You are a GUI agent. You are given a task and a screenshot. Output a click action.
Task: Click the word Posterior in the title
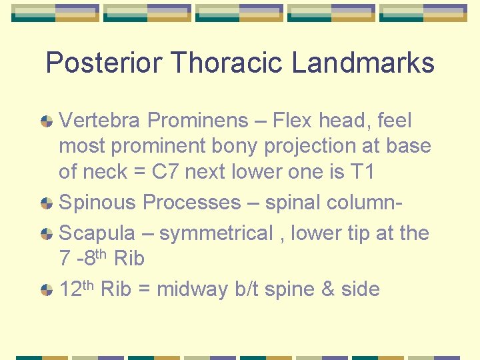[104, 63]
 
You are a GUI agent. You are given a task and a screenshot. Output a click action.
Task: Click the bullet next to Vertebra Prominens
[47, 121]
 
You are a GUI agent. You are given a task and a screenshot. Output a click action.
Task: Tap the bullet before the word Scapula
[47, 234]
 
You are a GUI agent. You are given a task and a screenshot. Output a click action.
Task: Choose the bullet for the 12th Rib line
[47, 290]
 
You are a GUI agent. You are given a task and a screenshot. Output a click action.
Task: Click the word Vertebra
[100, 121]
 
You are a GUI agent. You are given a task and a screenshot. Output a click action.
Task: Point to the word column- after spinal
[364, 203]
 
